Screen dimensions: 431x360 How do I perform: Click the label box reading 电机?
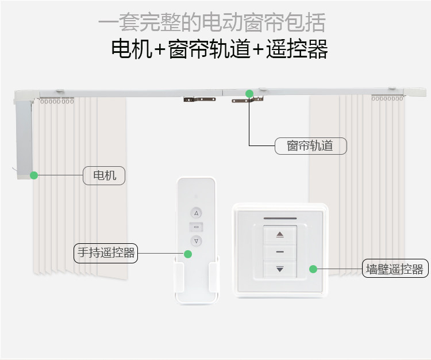point(104,175)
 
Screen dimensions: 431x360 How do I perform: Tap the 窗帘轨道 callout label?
point(310,145)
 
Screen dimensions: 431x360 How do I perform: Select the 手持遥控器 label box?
point(106,253)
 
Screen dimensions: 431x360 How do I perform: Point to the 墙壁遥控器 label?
point(395,268)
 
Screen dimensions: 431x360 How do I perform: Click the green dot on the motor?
point(34,175)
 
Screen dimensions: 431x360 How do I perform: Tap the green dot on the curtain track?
point(249,94)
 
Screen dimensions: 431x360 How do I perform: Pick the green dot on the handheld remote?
point(188,254)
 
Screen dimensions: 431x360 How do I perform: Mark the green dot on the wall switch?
point(313,269)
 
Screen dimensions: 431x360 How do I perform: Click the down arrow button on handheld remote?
point(197,241)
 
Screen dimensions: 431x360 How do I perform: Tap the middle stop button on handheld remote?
point(197,227)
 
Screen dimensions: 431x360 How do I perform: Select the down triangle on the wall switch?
point(280,269)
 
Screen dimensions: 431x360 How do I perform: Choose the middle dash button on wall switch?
point(280,252)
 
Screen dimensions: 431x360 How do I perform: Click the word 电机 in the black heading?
point(132,49)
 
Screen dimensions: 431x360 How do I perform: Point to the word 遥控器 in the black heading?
point(297,49)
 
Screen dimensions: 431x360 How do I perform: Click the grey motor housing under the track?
point(24,139)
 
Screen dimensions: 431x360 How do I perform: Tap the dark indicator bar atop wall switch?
point(280,219)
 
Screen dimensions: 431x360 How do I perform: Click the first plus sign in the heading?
point(160,49)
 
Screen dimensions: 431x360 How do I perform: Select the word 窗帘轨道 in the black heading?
point(209,49)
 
